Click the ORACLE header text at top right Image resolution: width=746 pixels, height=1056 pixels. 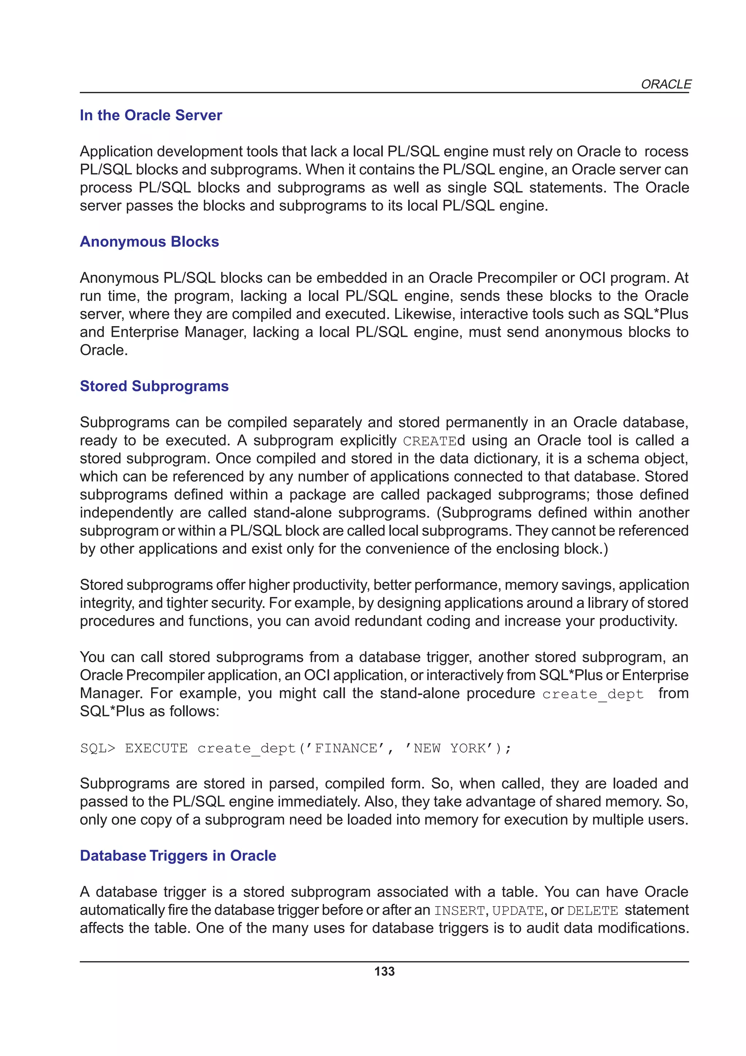665,84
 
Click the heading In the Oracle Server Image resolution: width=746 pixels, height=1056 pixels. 151,115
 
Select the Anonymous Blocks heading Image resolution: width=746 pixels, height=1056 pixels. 149,242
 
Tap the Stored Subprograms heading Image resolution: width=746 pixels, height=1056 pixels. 154,386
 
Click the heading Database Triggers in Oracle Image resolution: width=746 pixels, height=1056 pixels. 178,856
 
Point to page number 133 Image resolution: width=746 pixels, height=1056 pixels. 384,971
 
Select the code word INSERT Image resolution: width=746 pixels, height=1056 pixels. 460,911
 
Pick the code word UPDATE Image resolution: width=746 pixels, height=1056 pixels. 518,911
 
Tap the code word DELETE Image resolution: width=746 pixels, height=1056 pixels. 593,911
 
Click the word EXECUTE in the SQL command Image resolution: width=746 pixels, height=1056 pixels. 156,748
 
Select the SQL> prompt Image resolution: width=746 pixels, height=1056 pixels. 98,748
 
